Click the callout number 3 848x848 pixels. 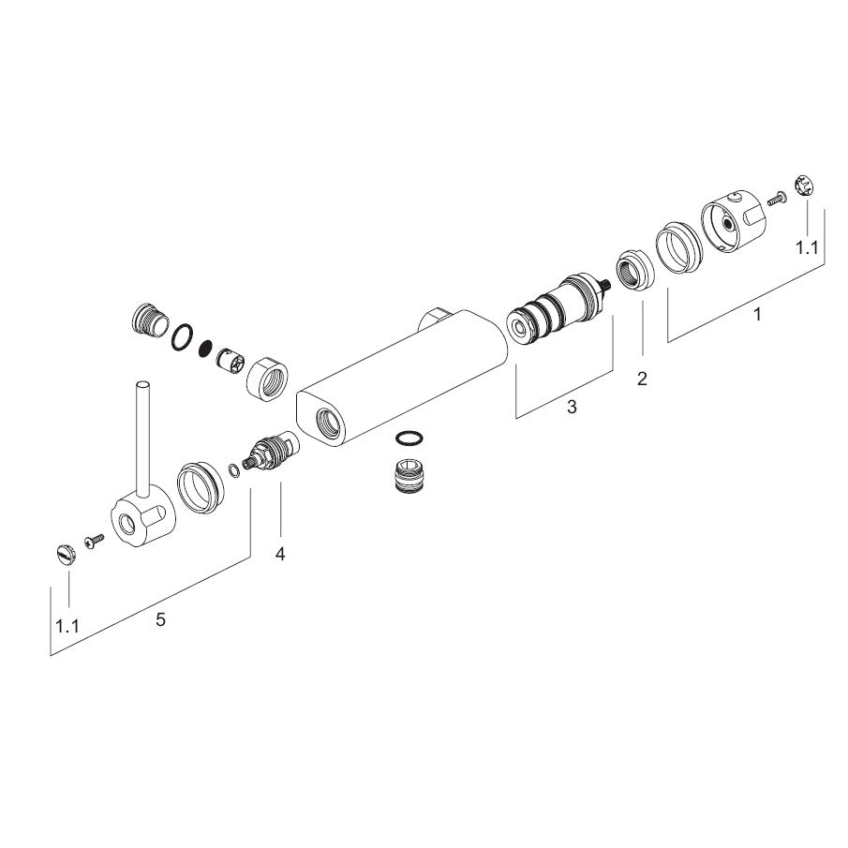572,406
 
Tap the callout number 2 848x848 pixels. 642,379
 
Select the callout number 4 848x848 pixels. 279,554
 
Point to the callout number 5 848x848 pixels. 160,619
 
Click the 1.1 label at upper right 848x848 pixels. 807,248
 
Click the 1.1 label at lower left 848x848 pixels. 67,626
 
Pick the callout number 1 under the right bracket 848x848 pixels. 757,314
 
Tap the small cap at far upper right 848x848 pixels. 804,186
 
